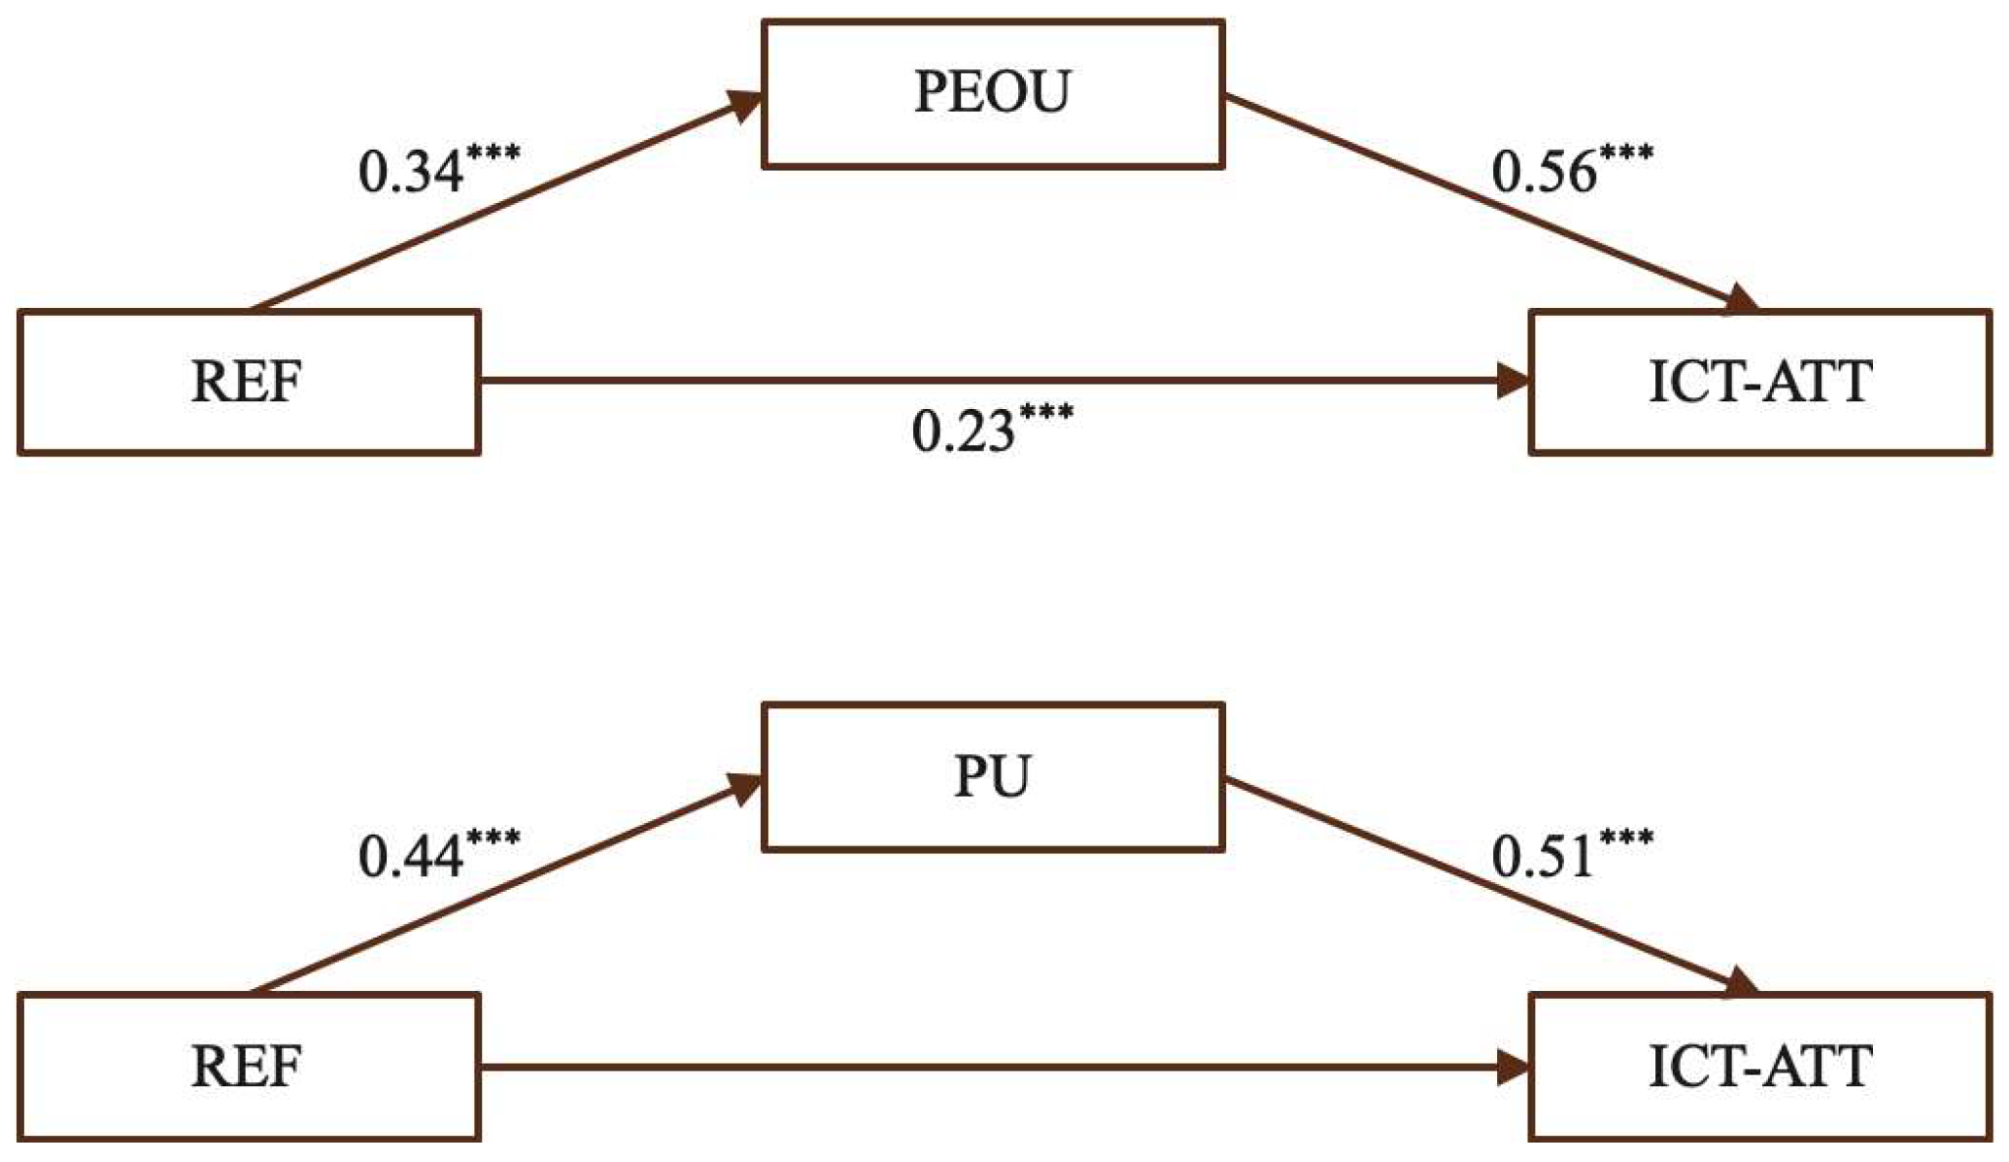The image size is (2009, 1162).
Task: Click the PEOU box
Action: pos(992,94)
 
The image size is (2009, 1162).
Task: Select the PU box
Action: pos(992,777)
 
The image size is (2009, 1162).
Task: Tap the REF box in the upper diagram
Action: pos(248,381)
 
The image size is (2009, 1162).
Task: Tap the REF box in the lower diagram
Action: pos(248,1066)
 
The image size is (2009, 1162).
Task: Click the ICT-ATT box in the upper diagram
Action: pos(1759,381)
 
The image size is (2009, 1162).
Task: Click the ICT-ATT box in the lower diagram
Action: pos(1759,1066)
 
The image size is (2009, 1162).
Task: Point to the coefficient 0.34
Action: pos(411,173)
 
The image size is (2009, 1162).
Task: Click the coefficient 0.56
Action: pos(1544,173)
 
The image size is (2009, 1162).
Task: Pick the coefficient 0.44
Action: pos(411,857)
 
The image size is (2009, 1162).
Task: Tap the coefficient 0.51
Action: pos(1542,857)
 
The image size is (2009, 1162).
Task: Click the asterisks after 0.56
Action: pos(1626,154)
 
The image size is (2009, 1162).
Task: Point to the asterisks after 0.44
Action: pos(494,837)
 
